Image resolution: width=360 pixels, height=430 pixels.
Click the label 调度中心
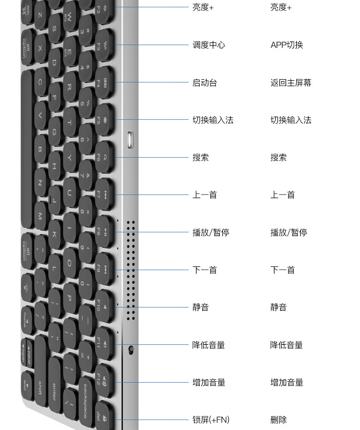pos(209,45)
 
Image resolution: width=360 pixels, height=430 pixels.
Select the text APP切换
pos(287,45)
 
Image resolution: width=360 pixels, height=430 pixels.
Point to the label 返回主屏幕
pos(291,83)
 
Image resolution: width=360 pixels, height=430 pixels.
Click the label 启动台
pos(205,83)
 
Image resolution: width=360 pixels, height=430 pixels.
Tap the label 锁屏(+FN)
pos(211,420)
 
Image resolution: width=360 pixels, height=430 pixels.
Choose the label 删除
pos(278,420)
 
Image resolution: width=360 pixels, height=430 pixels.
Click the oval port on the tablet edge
pos(131,140)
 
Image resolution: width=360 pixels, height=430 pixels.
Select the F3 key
pos(104,45)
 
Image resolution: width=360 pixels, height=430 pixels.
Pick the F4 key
pos(104,82)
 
